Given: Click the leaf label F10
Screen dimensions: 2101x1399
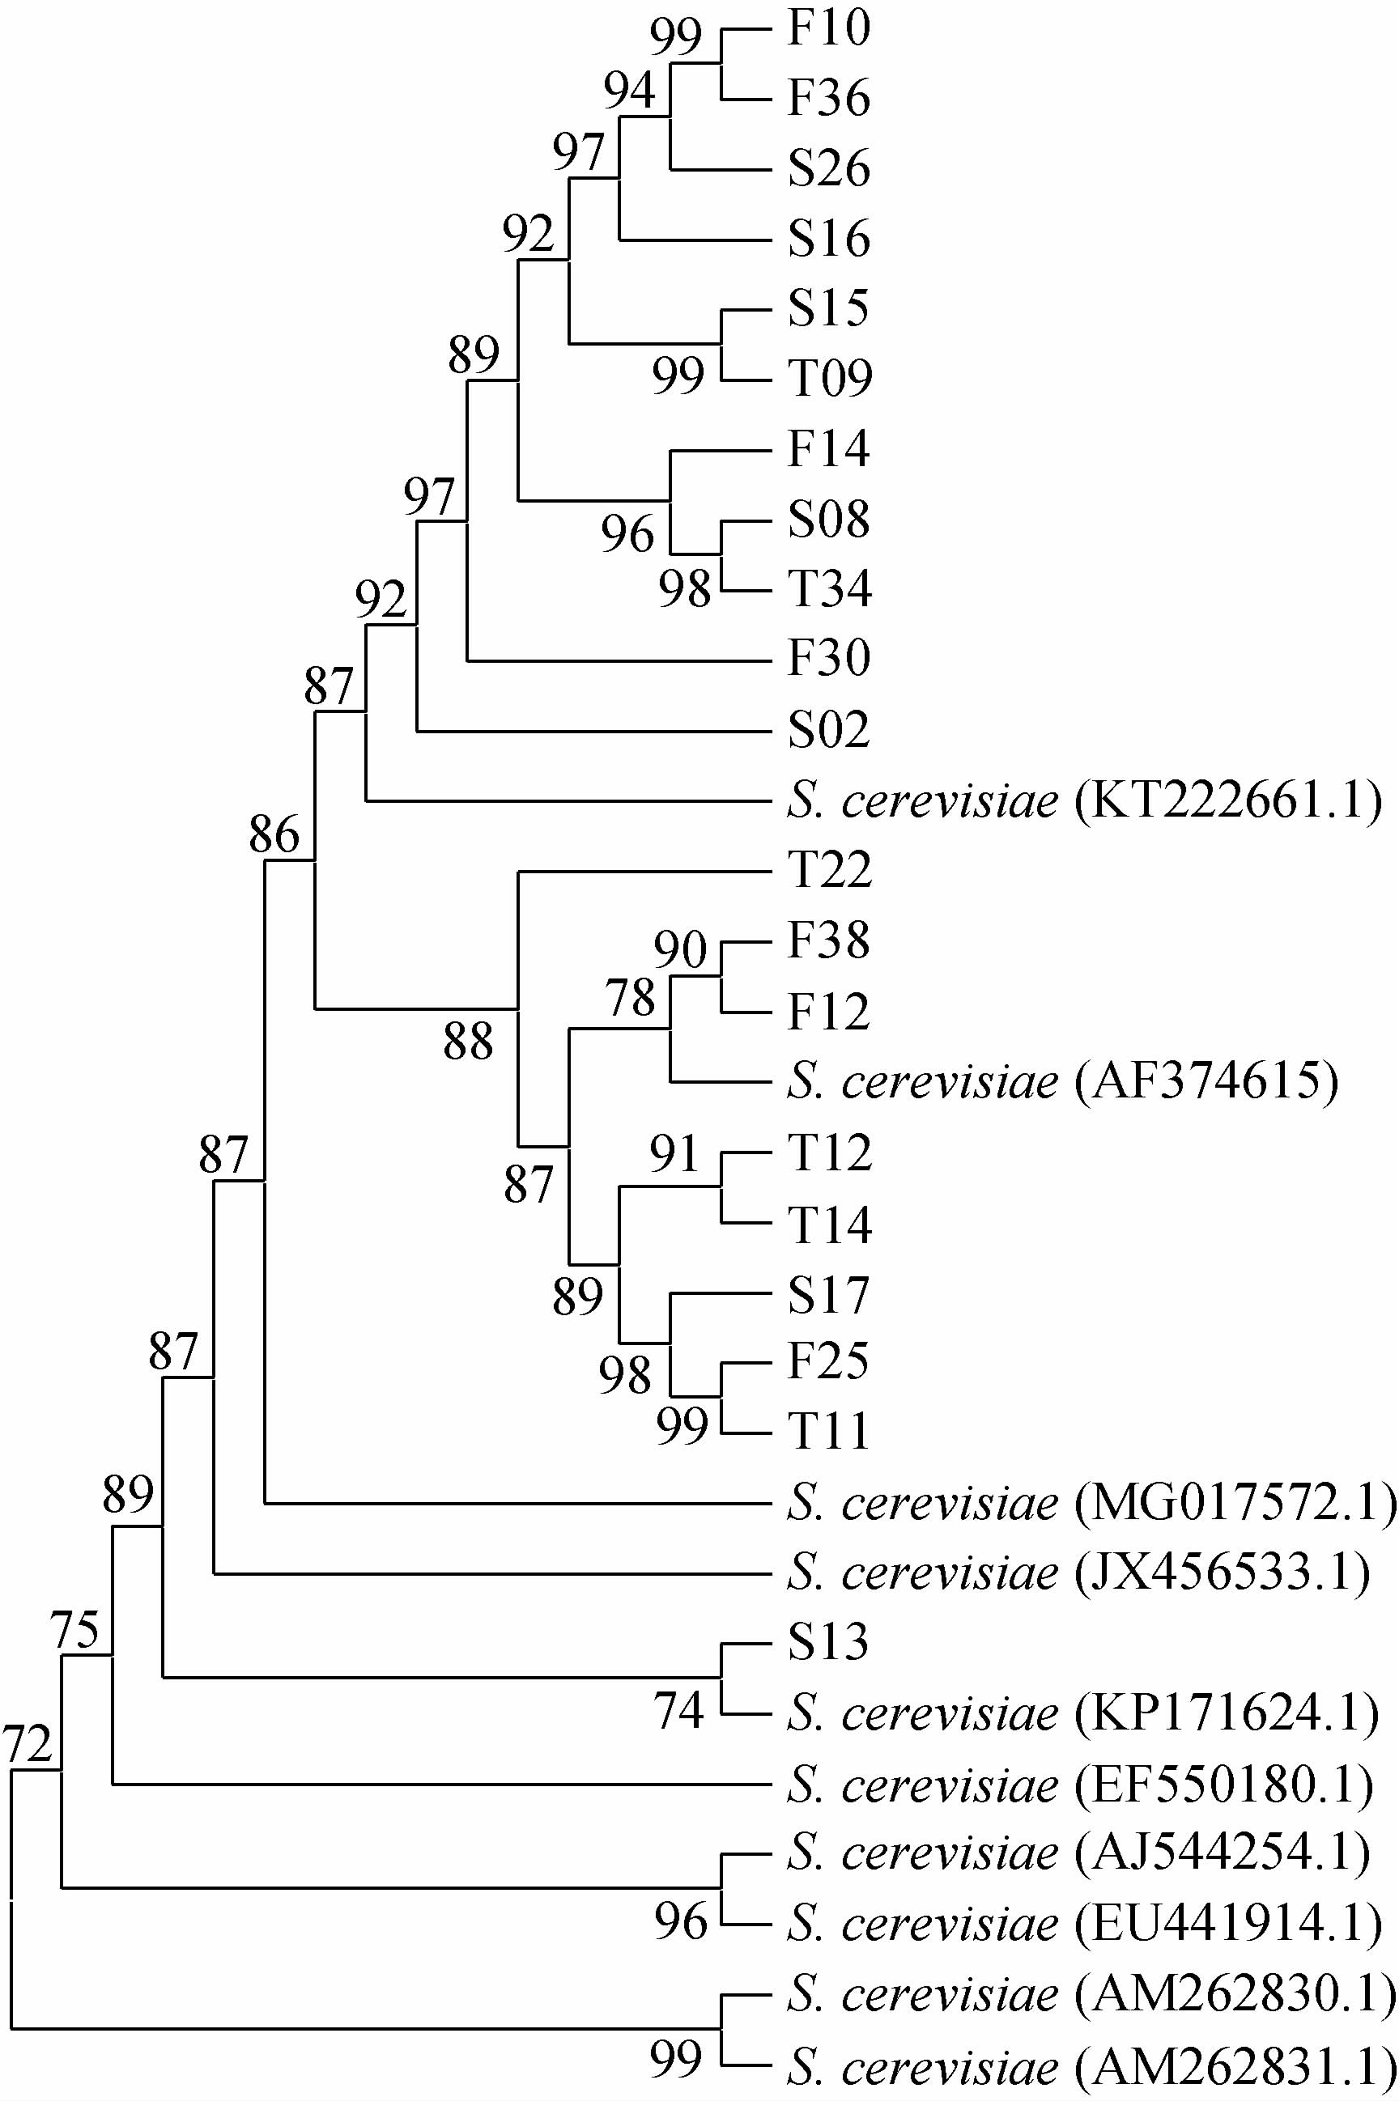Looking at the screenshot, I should pyautogui.click(x=828, y=28).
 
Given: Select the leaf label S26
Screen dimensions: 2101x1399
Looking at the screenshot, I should pyautogui.click(x=828, y=168).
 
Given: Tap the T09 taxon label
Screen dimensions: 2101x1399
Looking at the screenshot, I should pyautogui.click(x=830, y=378).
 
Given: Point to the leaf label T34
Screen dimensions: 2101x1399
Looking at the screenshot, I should pyautogui.click(x=830, y=588).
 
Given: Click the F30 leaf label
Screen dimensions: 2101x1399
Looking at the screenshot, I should pyautogui.click(x=828, y=659).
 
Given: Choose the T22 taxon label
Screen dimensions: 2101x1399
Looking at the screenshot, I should pyautogui.click(x=830, y=869).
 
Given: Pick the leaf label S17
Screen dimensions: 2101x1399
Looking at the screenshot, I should pyautogui.click(x=828, y=1296).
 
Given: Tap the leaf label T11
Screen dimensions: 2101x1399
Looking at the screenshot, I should pyautogui.click(x=830, y=1432).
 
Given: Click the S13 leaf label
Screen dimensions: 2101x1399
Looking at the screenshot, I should pyautogui.click(x=828, y=1642).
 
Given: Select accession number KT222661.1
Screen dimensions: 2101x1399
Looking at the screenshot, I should pyautogui.click(x=1227, y=800).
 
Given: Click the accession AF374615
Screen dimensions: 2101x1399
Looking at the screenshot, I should pyautogui.click(x=1206, y=1082).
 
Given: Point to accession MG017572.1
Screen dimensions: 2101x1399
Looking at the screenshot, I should pyautogui.click(x=1235, y=1504).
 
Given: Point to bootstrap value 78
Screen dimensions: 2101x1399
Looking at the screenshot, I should pyautogui.click(x=631, y=997).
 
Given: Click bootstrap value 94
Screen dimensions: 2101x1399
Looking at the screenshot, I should pyautogui.click(x=629, y=90).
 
